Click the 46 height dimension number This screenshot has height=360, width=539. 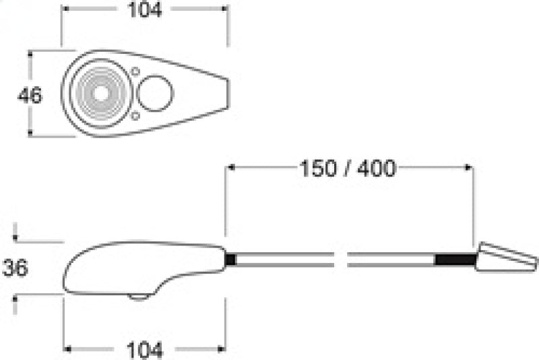pyautogui.click(x=30, y=95)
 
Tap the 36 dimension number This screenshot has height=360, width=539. pyautogui.click(x=15, y=268)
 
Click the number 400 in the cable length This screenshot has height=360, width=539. pyautogui.click(x=375, y=169)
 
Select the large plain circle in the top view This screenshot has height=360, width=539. pyautogui.click(x=155, y=94)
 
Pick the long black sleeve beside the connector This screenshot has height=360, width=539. pyautogui.click(x=455, y=260)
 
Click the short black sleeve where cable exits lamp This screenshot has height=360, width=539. pyautogui.click(x=230, y=259)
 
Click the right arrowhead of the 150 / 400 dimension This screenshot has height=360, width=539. pyautogui.click(x=469, y=169)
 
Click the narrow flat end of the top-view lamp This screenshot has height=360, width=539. pyautogui.click(x=227, y=94)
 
